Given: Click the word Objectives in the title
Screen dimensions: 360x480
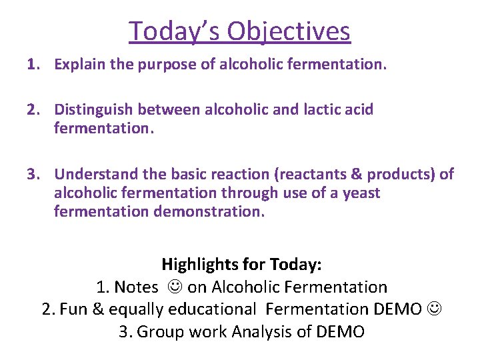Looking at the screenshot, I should (289, 31).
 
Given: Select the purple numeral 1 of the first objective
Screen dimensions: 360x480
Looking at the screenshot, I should (31, 65).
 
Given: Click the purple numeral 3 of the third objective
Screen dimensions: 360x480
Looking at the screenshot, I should (31, 174).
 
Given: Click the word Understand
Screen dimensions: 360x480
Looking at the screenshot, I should (93, 174).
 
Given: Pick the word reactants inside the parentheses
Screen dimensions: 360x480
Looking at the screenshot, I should (296, 174).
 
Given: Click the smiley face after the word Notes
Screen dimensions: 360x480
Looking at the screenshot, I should (173, 287).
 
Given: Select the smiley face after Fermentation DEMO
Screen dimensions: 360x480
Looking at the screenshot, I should (433, 309).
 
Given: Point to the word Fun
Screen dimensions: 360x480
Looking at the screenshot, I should (73, 309).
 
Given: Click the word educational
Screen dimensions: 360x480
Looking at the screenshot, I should (214, 309).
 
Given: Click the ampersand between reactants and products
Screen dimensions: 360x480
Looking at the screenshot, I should (339, 174).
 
